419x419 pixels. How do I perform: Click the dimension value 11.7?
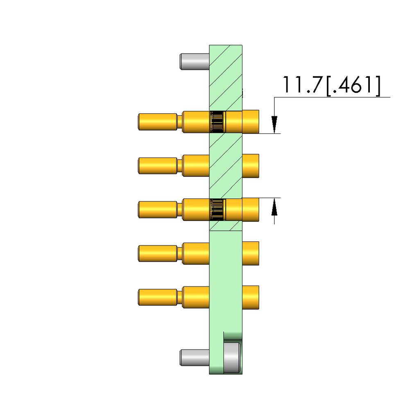tap(302, 85)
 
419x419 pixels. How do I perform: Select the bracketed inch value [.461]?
tap(353, 85)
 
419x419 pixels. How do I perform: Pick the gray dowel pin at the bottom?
tap(195, 357)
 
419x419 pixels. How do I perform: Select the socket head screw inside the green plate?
tap(231, 358)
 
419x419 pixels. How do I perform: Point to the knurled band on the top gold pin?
tap(217, 122)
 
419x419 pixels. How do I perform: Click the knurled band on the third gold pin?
tap(217, 209)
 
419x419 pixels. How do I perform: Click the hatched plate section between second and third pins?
tap(226, 188)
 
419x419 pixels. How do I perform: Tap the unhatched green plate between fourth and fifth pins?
tap(226, 275)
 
